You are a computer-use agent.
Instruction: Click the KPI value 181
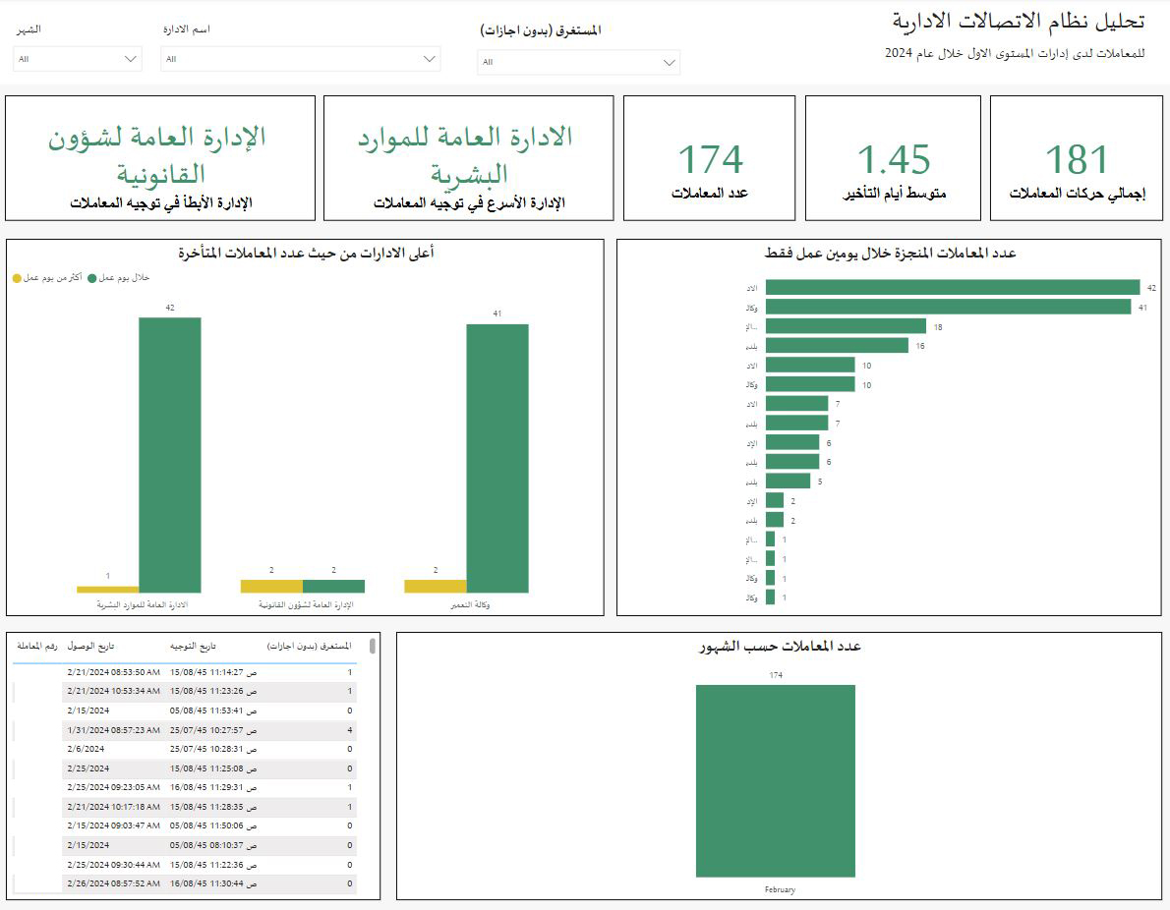pyautogui.click(x=1076, y=160)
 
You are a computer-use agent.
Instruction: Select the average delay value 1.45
pyautogui.click(x=893, y=160)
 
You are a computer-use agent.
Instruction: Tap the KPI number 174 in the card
pyautogui.click(x=710, y=160)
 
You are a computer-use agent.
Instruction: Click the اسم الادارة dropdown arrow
pyautogui.click(x=430, y=59)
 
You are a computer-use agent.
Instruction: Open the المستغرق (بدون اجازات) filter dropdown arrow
pyautogui.click(x=670, y=63)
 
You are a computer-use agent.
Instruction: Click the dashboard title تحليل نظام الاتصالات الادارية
pyautogui.click(x=1018, y=22)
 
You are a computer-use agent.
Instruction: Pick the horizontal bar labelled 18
pyautogui.click(x=846, y=326)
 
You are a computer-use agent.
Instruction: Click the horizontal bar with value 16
pyautogui.click(x=837, y=345)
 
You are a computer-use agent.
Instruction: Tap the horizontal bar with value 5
pyautogui.click(x=788, y=481)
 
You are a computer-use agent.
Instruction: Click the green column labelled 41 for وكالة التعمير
pyautogui.click(x=497, y=458)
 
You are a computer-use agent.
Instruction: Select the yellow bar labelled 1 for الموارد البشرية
pyautogui.click(x=107, y=590)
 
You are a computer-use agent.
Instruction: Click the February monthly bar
pyautogui.click(x=775, y=780)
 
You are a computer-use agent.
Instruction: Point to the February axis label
pyautogui.click(x=779, y=889)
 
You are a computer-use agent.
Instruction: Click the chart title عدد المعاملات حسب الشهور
pyautogui.click(x=779, y=646)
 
